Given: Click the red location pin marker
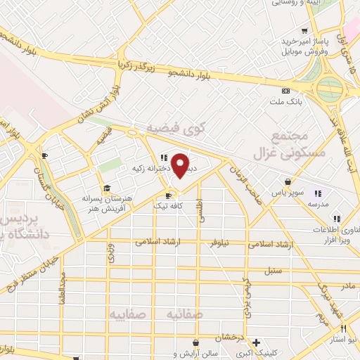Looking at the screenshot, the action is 181,166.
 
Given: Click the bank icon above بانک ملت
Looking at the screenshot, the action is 285,91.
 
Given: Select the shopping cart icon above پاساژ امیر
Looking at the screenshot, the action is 304,31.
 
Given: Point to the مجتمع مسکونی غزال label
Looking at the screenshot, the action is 288,144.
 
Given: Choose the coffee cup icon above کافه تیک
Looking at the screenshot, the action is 168,195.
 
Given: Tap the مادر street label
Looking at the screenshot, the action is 348,287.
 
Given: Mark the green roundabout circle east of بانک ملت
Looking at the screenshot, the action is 329,89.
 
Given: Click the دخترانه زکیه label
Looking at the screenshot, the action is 147,168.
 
